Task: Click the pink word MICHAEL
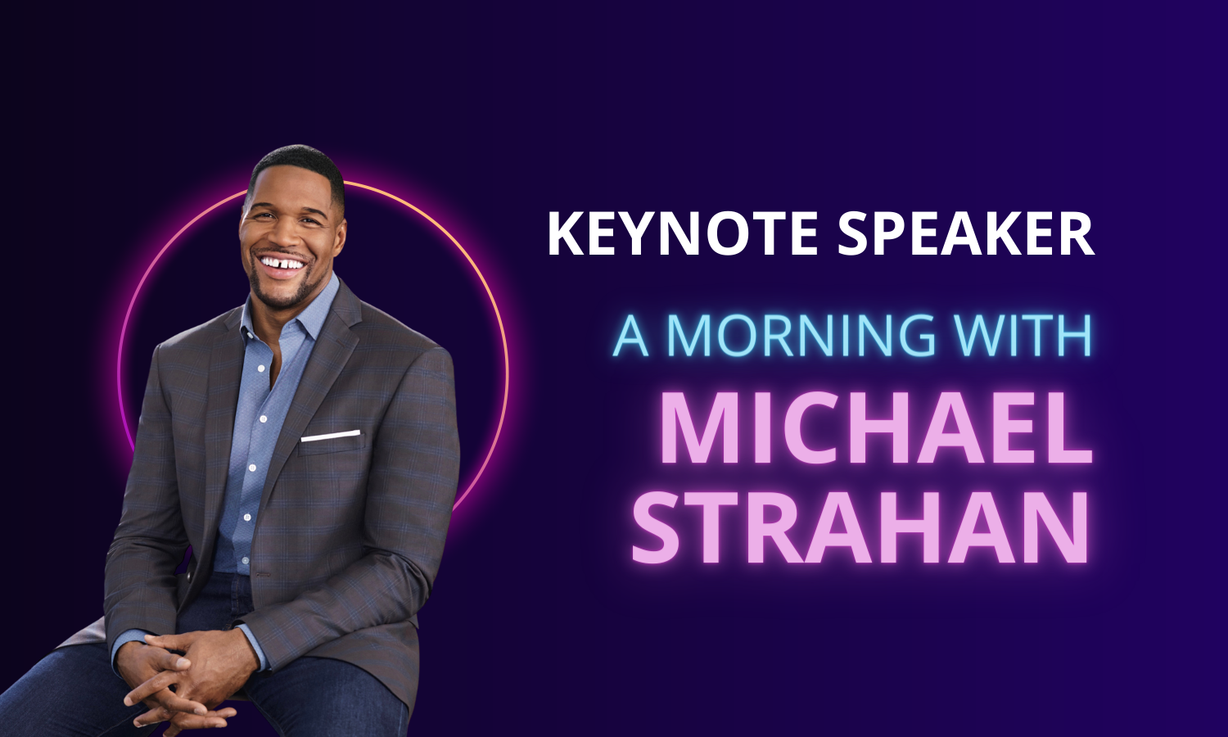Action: (876, 427)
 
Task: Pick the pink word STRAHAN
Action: (860, 527)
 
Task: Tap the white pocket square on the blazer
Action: (331, 436)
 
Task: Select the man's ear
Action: (340, 233)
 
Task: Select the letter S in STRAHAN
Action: (656, 528)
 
